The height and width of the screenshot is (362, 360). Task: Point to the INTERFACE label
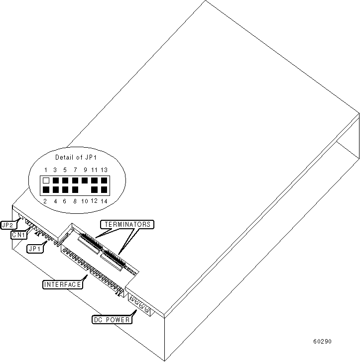(63, 284)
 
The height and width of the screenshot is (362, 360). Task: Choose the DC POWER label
(112, 320)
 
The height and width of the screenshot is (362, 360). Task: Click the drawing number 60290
(322, 342)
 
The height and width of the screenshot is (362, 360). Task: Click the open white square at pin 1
(46, 181)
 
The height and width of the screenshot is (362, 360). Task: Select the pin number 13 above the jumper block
(104, 170)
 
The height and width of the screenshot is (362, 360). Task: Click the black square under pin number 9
(84, 181)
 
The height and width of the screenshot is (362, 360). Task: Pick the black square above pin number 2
(46, 190)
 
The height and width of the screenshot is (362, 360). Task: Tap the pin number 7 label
(75, 170)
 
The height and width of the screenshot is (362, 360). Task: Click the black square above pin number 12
(94, 190)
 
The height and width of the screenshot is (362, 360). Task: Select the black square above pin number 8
(75, 190)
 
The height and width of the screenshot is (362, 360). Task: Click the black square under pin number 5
(65, 181)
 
